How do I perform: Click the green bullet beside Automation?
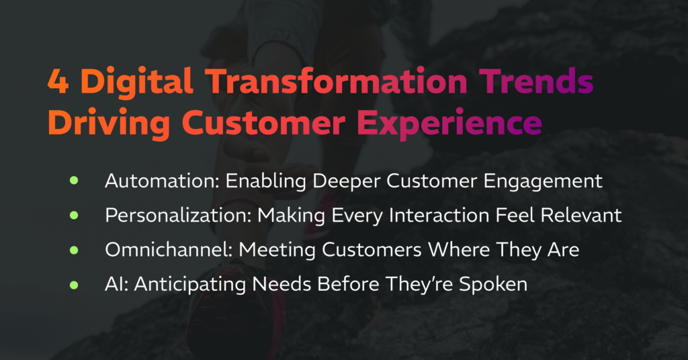point(74,181)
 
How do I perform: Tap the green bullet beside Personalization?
point(74,216)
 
